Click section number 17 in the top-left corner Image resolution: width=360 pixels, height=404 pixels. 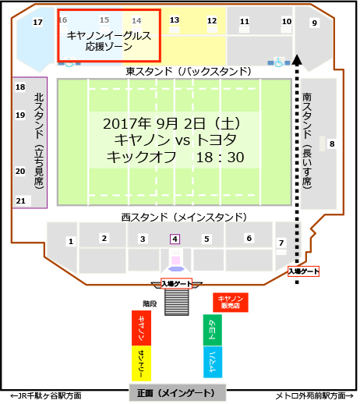[37, 23]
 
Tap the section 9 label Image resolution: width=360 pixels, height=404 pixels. [314, 23]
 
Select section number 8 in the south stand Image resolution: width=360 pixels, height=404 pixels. [331, 144]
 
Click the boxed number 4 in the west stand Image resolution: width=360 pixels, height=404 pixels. [175, 239]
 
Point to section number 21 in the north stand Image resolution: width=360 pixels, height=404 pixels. [21, 201]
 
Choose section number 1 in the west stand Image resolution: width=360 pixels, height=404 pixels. [71, 242]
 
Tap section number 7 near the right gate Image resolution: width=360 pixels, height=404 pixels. [281, 243]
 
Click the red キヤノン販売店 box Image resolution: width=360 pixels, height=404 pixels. [230, 303]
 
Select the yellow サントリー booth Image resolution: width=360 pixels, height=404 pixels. [140, 363]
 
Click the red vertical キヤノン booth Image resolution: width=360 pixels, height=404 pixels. [140, 329]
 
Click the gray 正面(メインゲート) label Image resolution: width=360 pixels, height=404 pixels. [176, 392]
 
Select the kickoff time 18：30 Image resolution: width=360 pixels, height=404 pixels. [221, 158]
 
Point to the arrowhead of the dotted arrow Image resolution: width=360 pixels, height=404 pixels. [297, 58]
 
